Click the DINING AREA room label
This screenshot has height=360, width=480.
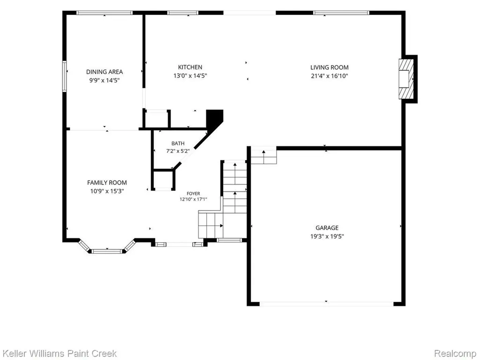105,72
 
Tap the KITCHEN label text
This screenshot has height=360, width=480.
190,67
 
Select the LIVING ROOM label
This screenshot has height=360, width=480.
330,67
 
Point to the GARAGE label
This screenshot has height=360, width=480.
327,228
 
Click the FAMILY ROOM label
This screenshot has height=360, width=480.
107,183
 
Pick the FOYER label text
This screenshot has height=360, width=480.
194,194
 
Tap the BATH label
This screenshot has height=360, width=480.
178,143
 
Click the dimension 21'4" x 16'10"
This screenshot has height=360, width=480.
330,76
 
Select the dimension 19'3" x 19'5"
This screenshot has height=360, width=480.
327,236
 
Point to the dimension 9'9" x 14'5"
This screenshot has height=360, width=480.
105,81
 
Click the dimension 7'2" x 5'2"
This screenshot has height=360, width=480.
178,151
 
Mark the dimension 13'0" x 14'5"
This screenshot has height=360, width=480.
190,75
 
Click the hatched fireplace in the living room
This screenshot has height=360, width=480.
406,79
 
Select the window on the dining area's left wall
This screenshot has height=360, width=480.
65,76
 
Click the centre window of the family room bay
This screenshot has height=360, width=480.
107,251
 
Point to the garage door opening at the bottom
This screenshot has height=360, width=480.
326,304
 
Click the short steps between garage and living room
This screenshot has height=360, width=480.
264,156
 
